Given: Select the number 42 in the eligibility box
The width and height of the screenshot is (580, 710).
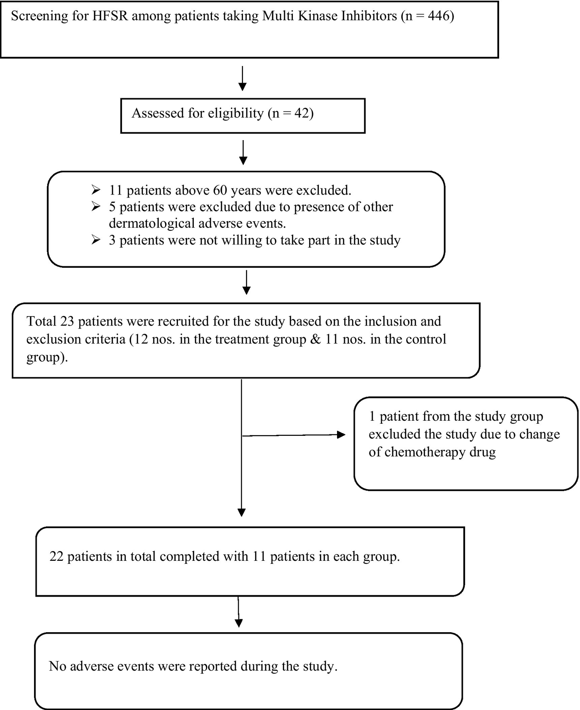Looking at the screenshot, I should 302,113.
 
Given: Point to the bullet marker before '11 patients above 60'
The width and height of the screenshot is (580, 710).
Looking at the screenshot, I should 96,190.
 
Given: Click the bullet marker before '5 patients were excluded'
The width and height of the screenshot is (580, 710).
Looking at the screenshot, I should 96,207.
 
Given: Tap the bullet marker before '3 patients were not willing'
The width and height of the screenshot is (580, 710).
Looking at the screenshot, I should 96,240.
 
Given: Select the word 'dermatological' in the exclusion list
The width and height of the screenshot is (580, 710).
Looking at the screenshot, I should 152,224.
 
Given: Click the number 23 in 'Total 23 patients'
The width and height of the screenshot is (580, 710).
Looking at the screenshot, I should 67,321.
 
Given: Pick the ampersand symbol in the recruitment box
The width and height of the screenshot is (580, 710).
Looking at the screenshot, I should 316,339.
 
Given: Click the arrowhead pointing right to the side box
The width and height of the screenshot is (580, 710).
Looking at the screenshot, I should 341,435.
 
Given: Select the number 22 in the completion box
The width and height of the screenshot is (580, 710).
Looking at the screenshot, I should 56,557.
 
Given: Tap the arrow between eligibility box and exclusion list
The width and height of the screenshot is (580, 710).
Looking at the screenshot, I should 243,153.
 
